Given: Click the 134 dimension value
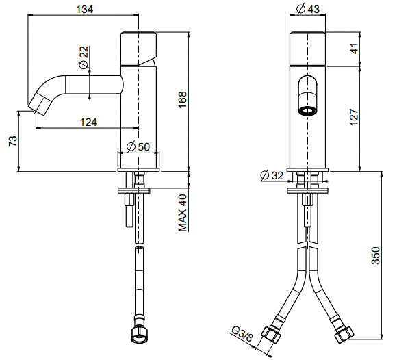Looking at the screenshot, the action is coord(85,10).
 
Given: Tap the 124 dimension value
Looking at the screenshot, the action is coord(88,123).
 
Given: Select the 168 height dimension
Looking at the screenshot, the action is coord(182,100).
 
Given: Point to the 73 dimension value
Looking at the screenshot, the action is coord(13,141).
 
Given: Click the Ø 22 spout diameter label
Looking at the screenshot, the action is coord(84,57).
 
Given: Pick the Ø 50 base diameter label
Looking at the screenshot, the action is coord(138,146).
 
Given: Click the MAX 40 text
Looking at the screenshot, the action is coord(183,213).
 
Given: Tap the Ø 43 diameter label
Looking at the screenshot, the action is coord(308,10).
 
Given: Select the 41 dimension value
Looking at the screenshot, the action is coord(355,49).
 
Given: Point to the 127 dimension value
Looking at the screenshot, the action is coord(354,117).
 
